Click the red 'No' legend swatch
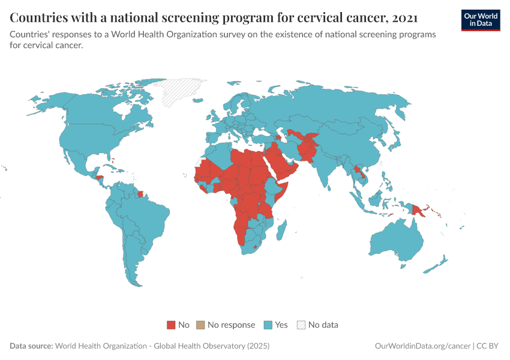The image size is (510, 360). pos(171,325)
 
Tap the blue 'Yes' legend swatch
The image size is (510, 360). pos(268,325)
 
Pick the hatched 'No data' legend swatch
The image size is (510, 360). pos(302,325)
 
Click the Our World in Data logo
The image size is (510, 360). pos(481,19)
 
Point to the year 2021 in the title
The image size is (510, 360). pos(404,17)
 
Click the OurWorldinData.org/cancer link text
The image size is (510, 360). pos(422,346)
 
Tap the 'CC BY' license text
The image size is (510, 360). pos(488,346)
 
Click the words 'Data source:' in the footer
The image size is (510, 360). pos(31,346)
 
